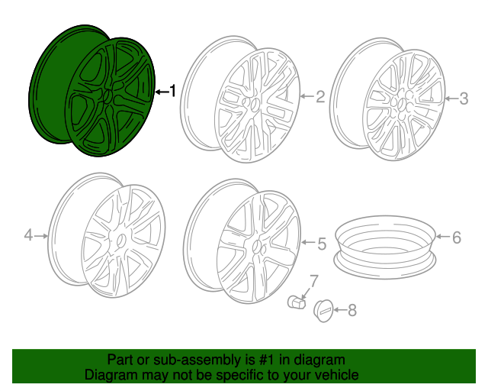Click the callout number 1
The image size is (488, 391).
pyautogui.click(x=172, y=92)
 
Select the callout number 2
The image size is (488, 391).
pyautogui.click(x=319, y=97)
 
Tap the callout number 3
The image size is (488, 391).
pyautogui.click(x=463, y=98)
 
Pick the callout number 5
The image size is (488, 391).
pyautogui.click(x=321, y=244)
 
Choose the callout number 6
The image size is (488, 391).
pyautogui.click(x=457, y=238)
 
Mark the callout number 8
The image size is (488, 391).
pyautogui.click(x=352, y=310)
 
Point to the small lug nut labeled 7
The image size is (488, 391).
pyautogui.click(x=295, y=303)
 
